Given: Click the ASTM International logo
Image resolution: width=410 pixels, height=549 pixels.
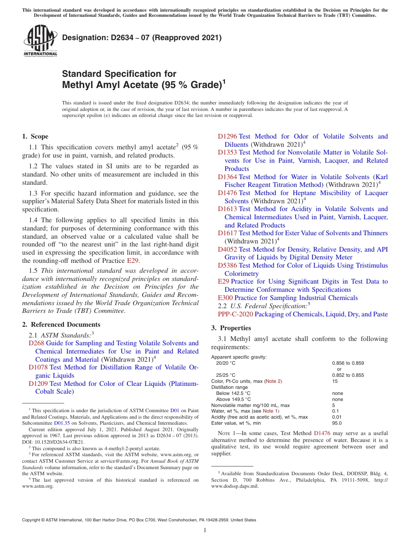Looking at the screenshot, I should (40, 41).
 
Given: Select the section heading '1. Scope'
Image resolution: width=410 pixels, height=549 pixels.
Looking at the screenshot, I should (35, 136).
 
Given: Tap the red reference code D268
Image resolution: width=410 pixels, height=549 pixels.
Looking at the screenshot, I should (36, 343).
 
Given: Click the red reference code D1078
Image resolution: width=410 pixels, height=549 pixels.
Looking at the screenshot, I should (38, 367).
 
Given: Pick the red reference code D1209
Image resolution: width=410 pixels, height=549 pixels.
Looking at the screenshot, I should (38, 384).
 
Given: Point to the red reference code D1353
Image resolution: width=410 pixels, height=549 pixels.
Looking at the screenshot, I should (227, 152).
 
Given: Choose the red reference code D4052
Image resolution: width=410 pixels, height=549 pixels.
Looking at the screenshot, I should (227, 249).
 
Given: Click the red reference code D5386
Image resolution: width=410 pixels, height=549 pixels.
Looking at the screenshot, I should (227, 265).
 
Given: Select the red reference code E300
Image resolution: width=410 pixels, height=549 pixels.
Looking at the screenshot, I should (225, 298).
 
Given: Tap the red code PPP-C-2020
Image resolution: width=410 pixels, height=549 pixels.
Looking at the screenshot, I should (235, 314).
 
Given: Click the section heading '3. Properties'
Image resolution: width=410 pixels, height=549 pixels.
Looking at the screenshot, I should (231, 328).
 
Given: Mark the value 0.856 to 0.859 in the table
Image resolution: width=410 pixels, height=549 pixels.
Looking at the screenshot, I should (348, 363).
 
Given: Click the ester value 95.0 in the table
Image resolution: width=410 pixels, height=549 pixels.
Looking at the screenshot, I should (337, 423).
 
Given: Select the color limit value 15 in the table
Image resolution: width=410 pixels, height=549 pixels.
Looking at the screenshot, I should (335, 382).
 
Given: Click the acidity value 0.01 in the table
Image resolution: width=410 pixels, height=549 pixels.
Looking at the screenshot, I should (337, 417).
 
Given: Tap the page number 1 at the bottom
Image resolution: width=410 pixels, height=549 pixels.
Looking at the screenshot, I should (205, 531).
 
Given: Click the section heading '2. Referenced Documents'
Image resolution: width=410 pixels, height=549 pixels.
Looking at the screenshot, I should (61, 325).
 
